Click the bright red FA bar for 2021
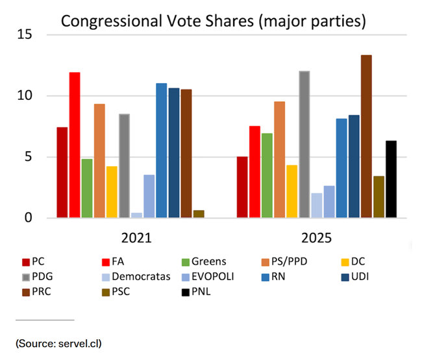75,145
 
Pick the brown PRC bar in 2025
366,137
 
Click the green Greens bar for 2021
87,189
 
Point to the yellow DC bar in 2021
112,193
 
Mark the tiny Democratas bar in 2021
136,215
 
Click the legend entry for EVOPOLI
206,277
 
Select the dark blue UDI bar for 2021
174,153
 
